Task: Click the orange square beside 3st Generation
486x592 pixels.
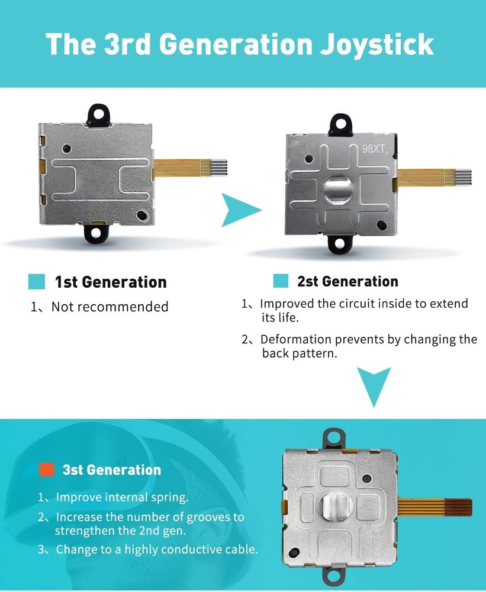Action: (x=47, y=469)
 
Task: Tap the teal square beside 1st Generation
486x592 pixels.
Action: (x=37, y=282)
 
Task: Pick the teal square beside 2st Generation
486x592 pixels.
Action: (x=281, y=281)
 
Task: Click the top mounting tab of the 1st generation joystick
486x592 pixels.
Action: (x=98, y=115)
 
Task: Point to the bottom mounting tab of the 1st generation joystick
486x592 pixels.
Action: (x=96, y=233)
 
